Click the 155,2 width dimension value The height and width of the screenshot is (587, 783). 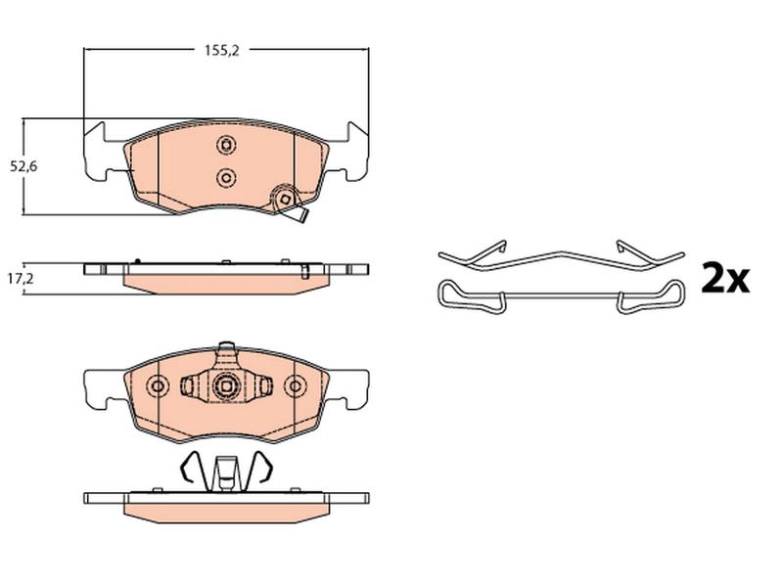pyautogui.click(x=222, y=50)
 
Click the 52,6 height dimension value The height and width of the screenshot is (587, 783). pyautogui.click(x=23, y=166)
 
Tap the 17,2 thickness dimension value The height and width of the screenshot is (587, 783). pyautogui.click(x=21, y=279)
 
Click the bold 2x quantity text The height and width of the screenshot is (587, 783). pyautogui.click(x=725, y=279)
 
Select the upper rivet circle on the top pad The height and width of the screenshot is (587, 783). pyautogui.click(x=226, y=145)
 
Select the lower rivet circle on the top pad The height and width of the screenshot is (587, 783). pyautogui.click(x=226, y=177)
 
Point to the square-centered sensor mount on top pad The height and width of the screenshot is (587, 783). pyautogui.click(x=285, y=199)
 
